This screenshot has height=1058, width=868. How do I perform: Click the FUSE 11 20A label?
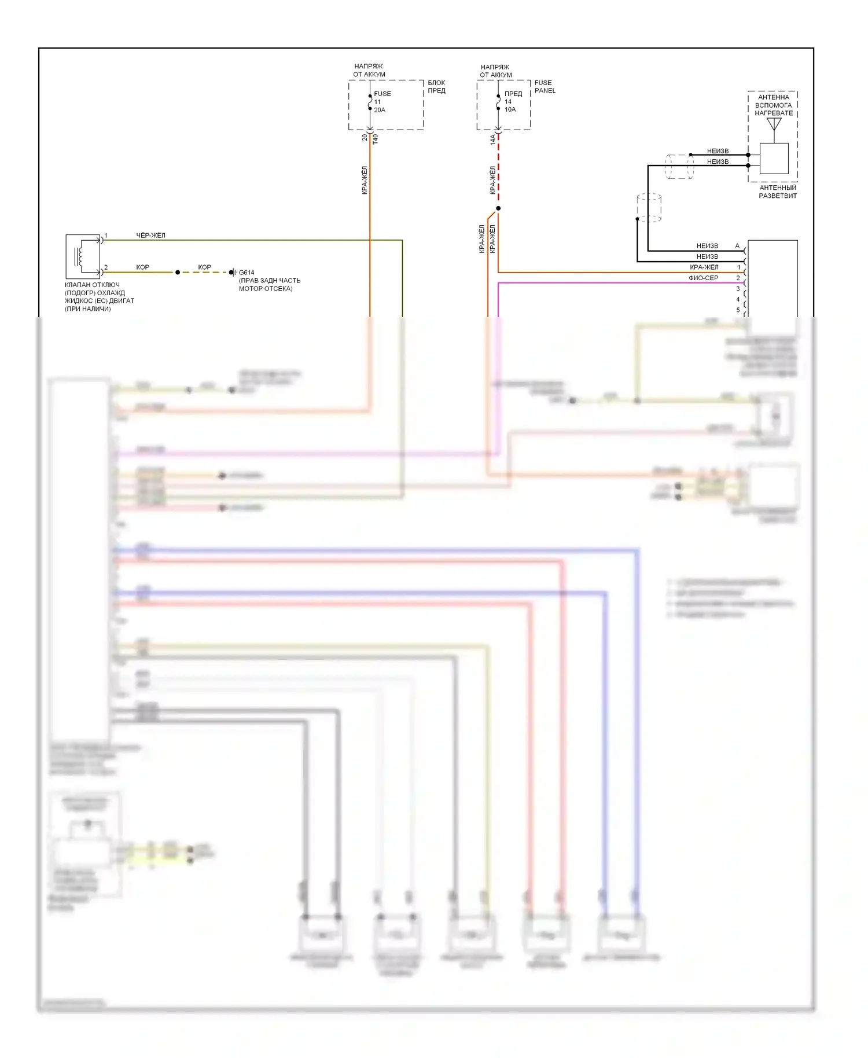pyautogui.click(x=381, y=102)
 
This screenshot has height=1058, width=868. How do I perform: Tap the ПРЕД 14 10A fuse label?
pyautogui.click(x=512, y=101)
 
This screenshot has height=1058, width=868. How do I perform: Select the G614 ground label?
pyautogui.click(x=247, y=273)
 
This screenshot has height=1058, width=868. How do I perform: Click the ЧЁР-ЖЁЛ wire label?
pyautogui.click(x=150, y=236)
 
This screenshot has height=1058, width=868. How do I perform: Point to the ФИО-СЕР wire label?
pyautogui.click(x=703, y=278)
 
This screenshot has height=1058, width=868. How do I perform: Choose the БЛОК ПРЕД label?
pyautogui.click(x=436, y=87)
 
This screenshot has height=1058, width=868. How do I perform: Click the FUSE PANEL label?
pyautogui.click(x=545, y=87)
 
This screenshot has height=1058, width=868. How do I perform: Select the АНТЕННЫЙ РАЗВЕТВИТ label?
pyautogui.click(x=778, y=192)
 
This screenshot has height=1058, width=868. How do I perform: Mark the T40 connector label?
pyautogui.click(x=375, y=139)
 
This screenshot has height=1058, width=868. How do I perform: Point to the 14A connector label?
pyautogui.click(x=493, y=139)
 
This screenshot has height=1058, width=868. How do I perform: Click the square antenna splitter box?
pyautogui.click(x=774, y=158)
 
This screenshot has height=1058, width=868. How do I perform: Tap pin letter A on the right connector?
pyautogui.click(x=737, y=246)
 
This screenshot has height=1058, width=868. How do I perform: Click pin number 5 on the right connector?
pyautogui.click(x=738, y=310)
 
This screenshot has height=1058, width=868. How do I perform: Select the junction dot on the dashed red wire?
pyautogui.click(x=498, y=208)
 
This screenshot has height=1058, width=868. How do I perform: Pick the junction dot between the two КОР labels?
pyautogui.click(x=178, y=272)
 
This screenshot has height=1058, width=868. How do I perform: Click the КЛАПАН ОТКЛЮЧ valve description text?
pyautogui.click(x=99, y=297)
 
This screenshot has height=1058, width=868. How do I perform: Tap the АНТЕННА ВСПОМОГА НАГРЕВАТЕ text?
pyautogui.click(x=774, y=105)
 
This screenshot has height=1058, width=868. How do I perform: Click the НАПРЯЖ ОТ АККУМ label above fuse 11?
pyautogui.click(x=369, y=70)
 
